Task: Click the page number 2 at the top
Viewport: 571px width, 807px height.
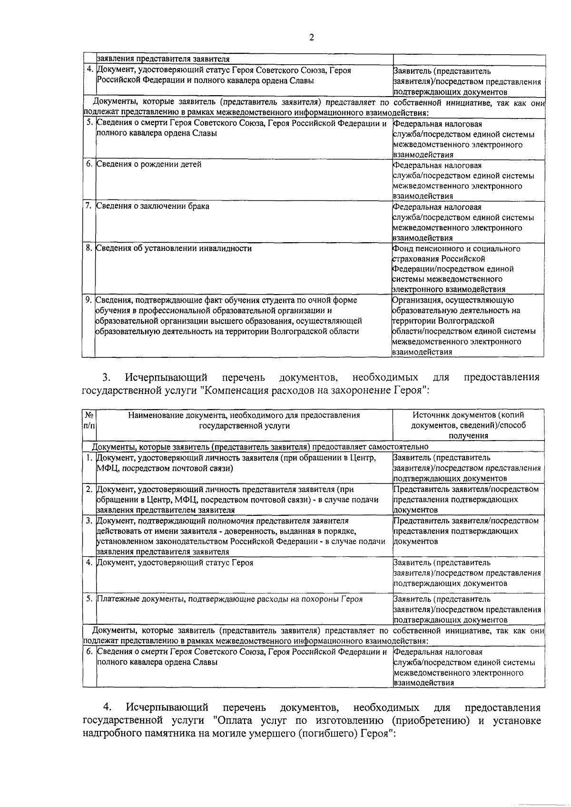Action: pos(312,38)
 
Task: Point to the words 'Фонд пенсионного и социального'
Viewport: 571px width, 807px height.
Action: pos(456,249)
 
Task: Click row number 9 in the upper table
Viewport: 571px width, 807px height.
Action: pos(89,300)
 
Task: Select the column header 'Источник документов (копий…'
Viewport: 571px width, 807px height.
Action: pos(469,425)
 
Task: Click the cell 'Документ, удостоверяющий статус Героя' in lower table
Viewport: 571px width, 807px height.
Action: pos(175,563)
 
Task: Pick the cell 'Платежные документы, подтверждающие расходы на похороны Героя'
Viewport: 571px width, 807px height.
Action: pos(229,599)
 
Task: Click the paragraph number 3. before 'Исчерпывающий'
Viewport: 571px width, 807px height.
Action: pos(106,378)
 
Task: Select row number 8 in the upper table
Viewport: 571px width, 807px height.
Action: pos(89,248)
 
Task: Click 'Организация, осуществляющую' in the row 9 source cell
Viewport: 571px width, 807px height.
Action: pos(453,300)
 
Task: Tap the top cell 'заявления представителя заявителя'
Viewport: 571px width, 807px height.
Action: pos(163,59)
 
